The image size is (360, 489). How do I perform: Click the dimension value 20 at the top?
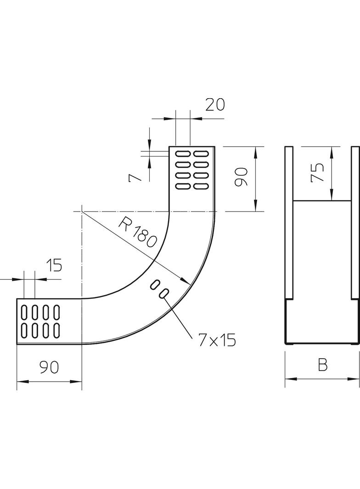[214, 105]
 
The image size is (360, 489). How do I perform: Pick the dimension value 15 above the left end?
[54, 266]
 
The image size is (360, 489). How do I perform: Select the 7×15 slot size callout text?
[217, 339]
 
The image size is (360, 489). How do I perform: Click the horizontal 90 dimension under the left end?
[49, 367]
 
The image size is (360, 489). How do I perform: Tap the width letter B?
[322, 365]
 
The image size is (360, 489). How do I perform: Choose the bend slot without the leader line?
[154, 285]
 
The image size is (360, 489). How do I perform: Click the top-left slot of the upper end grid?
[183, 153]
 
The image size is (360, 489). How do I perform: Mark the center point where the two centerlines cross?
[81, 211]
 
